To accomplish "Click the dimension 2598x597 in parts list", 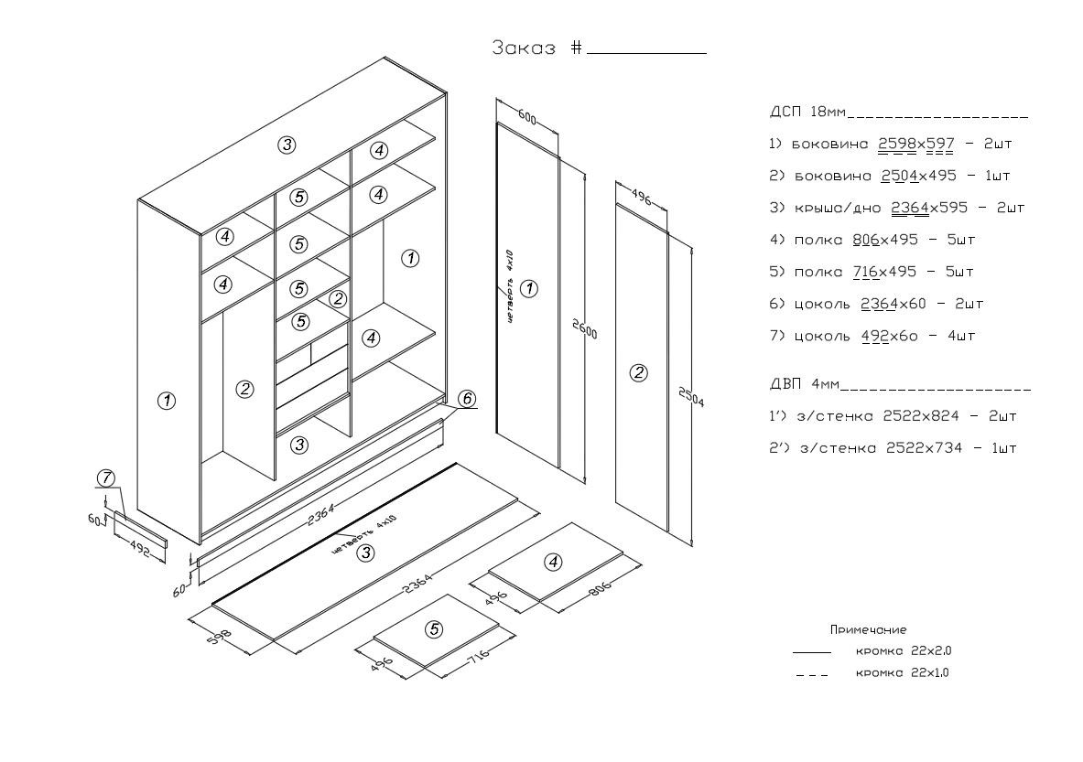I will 916,145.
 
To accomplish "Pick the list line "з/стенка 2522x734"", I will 893,448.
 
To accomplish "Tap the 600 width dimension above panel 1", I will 527,118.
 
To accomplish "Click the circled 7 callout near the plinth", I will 107,478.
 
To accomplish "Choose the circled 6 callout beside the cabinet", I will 466,399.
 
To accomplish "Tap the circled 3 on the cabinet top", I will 287,145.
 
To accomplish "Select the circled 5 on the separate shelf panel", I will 434,629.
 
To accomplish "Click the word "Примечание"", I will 868,630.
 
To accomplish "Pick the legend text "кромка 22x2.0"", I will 904,651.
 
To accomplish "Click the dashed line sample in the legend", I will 812,675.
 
